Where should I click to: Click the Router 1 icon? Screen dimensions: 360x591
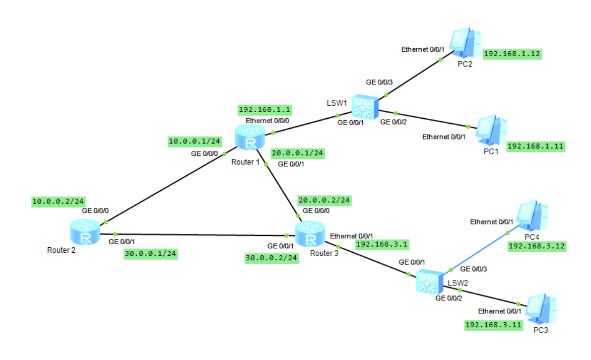[250, 138]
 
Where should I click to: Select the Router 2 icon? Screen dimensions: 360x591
[85, 233]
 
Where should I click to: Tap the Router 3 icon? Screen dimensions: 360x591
[311, 234]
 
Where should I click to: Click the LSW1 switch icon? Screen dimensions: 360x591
[365, 107]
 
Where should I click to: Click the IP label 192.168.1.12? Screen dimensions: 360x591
[511, 54]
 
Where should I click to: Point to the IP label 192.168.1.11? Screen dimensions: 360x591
[535, 146]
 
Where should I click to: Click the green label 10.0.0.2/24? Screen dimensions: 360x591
[58, 202]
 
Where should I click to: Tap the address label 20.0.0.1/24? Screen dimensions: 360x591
[298, 154]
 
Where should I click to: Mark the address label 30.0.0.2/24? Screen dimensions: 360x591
[271, 258]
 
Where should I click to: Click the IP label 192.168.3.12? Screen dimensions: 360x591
[537, 246]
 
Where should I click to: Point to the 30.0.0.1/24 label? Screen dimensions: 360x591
[150, 254]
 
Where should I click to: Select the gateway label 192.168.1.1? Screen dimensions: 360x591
[264, 110]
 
